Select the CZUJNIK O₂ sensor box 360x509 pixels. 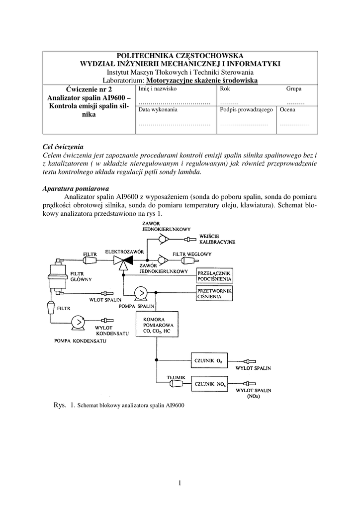click(x=212, y=360)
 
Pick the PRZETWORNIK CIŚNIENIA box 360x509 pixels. click(x=217, y=294)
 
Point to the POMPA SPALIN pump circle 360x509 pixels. click(x=141, y=293)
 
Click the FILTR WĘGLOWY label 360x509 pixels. click(x=192, y=254)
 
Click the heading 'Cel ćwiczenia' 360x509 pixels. click(x=63, y=147)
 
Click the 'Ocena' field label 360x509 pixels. click(x=287, y=109)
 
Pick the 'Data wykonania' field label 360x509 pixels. click(x=158, y=109)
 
